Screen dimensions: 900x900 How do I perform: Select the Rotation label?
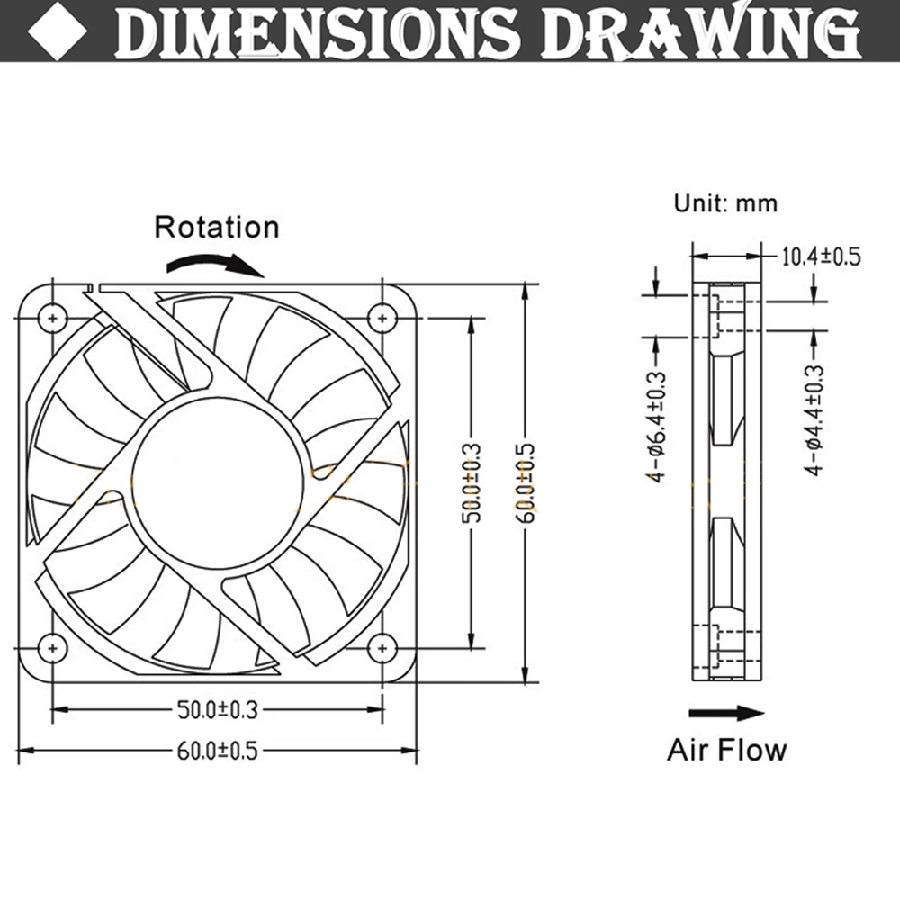217,227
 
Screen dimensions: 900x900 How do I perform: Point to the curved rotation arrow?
216,263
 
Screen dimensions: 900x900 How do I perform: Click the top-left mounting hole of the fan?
53,318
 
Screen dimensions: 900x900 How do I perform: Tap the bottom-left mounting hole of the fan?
53,646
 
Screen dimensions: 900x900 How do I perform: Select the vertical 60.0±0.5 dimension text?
526,481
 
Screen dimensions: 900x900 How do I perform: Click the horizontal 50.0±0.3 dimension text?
216,710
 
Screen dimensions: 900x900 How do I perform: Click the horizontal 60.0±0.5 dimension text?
216,750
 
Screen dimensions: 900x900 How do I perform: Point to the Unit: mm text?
725,203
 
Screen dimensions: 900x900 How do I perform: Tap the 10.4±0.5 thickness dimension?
820,256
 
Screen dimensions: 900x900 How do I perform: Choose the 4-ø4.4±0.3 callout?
814,419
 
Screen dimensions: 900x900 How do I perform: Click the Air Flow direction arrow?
725,713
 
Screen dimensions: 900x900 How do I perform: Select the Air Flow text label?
726,750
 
